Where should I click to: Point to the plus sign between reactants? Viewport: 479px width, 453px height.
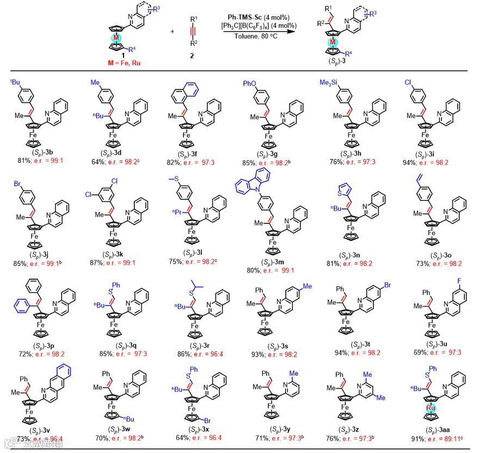click(173, 31)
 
